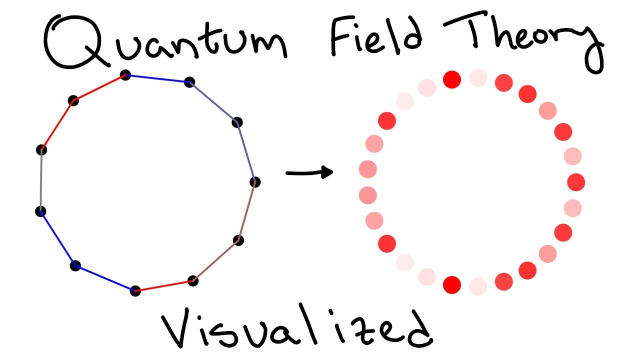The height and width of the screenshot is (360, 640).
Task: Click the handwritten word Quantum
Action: [165, 42]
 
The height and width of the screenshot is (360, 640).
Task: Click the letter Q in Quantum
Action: [75, 42]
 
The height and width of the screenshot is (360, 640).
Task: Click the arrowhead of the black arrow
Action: [327, 172]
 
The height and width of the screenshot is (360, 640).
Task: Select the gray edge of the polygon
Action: [41, 180]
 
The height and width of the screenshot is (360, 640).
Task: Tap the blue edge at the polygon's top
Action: [157, 79]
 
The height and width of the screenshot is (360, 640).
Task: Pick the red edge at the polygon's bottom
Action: [164, 285]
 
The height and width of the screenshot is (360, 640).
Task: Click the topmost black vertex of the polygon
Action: [125, 75]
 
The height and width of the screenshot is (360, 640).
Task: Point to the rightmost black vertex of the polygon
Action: [255, 181]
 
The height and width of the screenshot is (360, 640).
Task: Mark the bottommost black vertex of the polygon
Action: [135, 290]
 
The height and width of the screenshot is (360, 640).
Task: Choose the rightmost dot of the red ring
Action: [576, 182]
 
